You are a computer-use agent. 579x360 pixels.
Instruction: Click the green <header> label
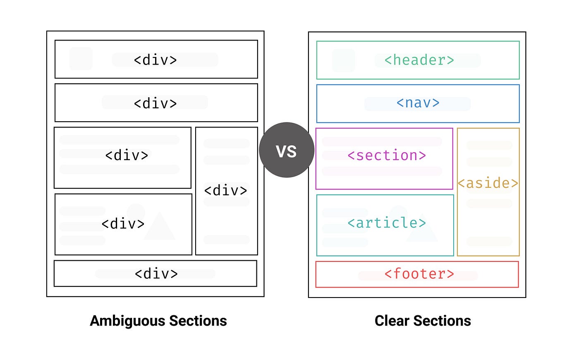tap(419, 60)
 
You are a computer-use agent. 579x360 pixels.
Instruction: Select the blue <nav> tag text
tap(418, 103)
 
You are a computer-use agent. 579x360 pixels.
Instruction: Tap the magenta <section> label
tap(386, 156)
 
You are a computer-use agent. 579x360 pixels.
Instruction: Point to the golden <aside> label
tap(488, 183)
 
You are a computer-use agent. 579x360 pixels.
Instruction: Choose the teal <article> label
tap(386, 223)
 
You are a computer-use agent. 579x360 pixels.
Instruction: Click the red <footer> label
tap(419, 274)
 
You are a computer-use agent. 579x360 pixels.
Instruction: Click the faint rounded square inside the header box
tap(343, 60)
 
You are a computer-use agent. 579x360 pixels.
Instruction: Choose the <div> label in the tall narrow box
tap(225, 191)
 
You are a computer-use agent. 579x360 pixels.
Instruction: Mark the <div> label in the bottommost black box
tap(156, 274)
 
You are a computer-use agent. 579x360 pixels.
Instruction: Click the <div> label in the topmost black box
tap(155, 60)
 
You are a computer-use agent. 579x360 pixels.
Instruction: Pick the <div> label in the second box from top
tap(155, 103)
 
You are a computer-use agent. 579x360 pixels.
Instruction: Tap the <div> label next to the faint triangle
tap(123, 224)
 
